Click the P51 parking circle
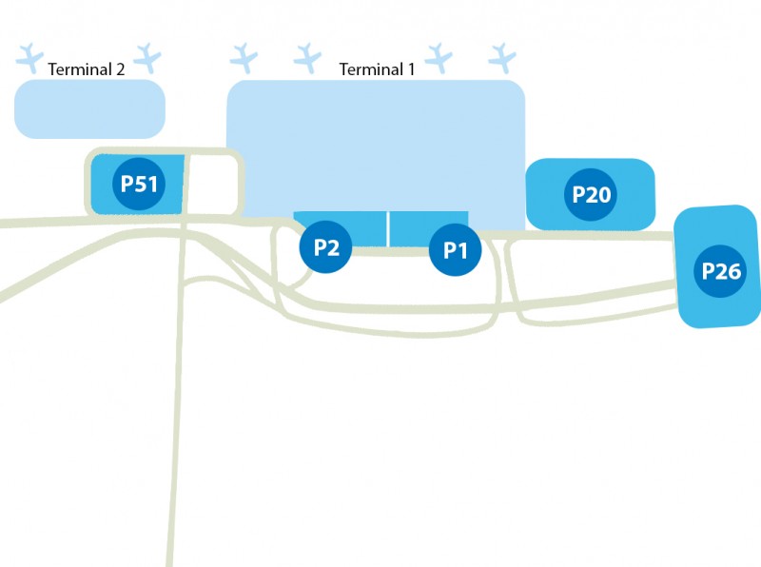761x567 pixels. (x=139, y=184)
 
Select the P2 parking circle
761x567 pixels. (x=326, y=248)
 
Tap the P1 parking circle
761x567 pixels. (x=456, y=251)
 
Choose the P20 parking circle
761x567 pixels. (x=591, y=194)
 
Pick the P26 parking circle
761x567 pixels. (x=721, y=270)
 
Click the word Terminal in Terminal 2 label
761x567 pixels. (x=79, y=69)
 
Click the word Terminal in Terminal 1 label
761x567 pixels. (x=371, y=69)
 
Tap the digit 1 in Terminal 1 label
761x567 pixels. (x=411, y=69)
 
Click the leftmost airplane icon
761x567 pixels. (x=30, y=57)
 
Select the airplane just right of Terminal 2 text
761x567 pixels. (x=148, y=57)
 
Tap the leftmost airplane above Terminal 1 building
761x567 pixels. (x=244, y=58)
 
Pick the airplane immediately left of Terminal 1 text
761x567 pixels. (x=307, y=58)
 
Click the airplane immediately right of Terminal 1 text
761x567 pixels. (x=439, y=58)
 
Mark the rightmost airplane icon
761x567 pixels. (x=501, y=58)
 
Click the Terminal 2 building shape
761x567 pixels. (x=89, y=108)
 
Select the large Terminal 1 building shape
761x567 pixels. (x=376, y=143)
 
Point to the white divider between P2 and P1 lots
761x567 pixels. (x=388, y=229)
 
